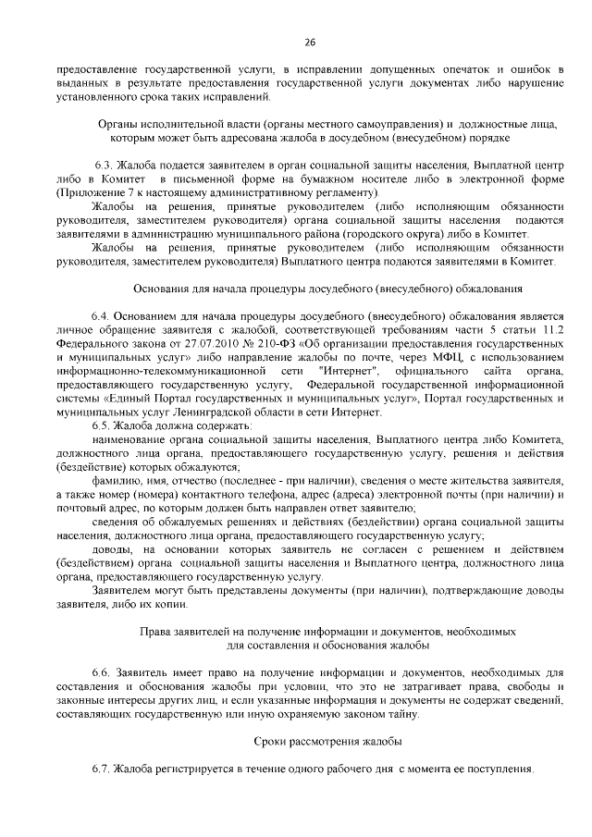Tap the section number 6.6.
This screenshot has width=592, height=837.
tap(102, 671)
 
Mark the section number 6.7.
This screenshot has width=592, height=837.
tap(102, 769)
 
